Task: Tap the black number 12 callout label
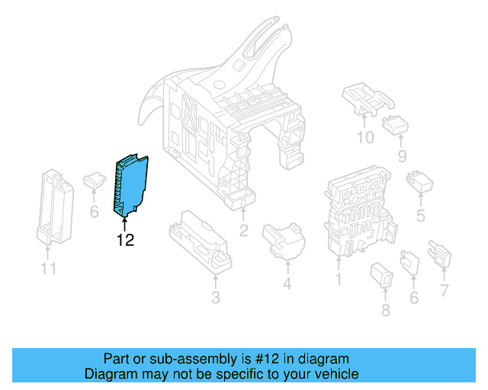pyautogui.click(x=125, y=241)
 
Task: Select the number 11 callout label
pyautogui.click(x=49, y=269)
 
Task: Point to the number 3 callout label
pyautogui.click(x=216, y=298)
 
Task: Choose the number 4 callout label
pyautogui.click(x=287, y=285)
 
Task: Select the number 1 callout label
pyautogui.click(x=338, y=280)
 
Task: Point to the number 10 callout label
pyautogui.click(x=365, y=138)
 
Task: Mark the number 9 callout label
pyautogui.click(x=402, y=157)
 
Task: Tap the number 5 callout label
pyautogui.click(x=420, y=216)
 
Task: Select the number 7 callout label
pyautogui.click(x=445, y=290)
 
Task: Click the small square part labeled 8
pyautogui.click(x=383, y=276)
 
